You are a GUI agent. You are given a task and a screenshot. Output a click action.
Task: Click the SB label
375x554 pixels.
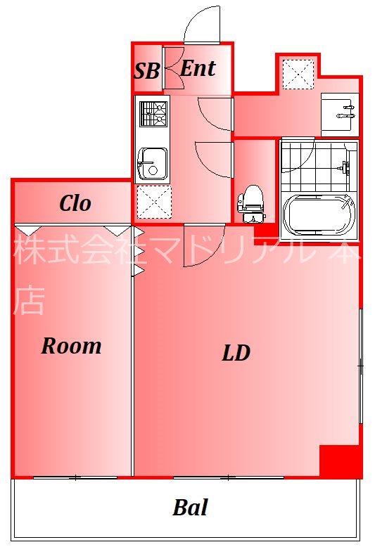click(x=147, y=71)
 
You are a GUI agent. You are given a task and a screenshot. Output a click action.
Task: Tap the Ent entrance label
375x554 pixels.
click(x=198, y=69)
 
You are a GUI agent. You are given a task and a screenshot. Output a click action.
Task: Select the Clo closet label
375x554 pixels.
click(x=75, y=204)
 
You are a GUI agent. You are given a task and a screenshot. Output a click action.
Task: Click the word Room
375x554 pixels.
click(x=71, y=346)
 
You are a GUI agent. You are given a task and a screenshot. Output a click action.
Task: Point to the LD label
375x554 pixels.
click(x=236, y=353)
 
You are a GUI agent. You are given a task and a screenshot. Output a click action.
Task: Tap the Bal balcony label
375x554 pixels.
click(x=190, y=508)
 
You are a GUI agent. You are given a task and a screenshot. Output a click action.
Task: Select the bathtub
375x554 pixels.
click(x=319, y=214)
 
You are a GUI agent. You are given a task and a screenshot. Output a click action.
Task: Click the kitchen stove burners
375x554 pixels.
click(x=153, y=114)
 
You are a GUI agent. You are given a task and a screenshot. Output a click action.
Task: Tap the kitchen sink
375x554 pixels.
click(x=151, y=163)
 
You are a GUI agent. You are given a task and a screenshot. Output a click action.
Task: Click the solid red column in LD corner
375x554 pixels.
click(x=341, y=461)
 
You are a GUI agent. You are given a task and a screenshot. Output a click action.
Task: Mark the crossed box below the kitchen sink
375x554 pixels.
click(x=153, y=202)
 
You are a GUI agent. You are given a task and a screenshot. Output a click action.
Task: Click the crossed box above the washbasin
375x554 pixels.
click(x=298, y=72)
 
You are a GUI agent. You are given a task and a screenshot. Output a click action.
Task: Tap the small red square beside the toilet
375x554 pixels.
click(x=265, y=230)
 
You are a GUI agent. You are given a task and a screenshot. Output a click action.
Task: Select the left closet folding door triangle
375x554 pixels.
click(x=27, y=230)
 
